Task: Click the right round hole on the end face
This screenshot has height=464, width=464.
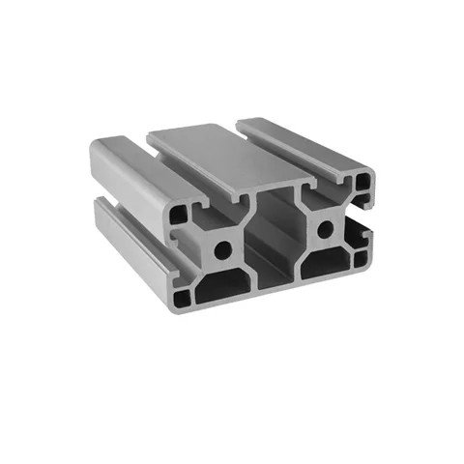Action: tap(325, 229)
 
